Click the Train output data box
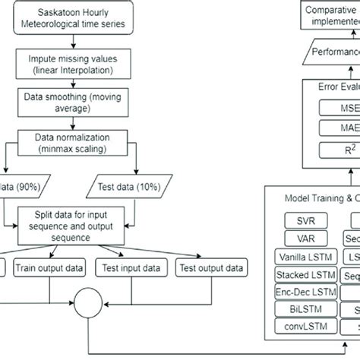click(x=49, y=267)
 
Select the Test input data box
click(x=131, y=267)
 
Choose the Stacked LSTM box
click(x=305, y=274)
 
